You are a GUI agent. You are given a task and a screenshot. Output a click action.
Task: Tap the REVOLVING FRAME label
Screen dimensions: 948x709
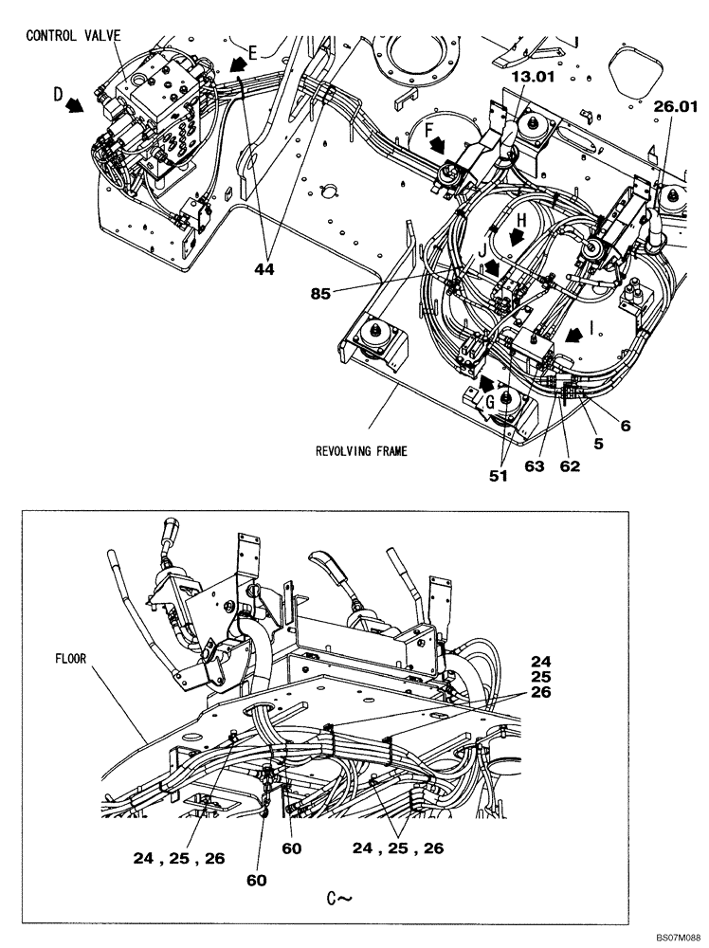point(361,451)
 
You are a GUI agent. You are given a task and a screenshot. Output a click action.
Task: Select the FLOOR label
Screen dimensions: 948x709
point(71,654)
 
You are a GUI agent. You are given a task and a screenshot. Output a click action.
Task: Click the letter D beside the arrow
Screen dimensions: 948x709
point(58,95)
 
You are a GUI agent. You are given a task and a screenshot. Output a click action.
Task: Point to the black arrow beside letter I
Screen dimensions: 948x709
point(573,334)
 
